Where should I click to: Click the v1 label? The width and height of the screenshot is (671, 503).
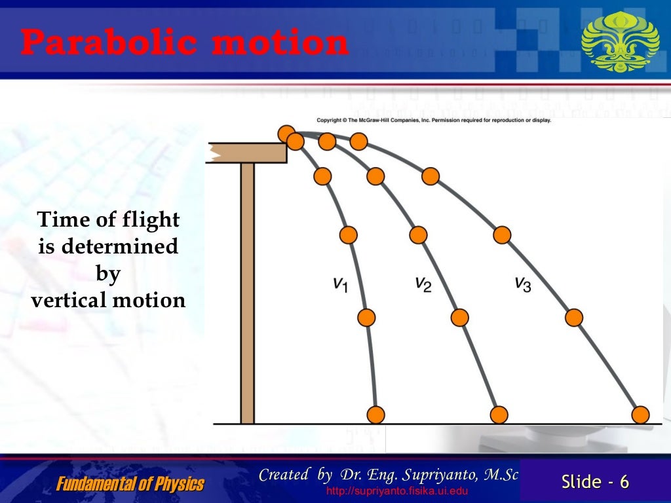[x=340, y=284]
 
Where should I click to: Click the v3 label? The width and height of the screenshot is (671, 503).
[x=522, y=284]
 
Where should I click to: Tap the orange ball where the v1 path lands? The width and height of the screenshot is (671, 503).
[x=375, y=414]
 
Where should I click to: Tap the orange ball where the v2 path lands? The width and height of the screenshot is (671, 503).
[x=499, y=414]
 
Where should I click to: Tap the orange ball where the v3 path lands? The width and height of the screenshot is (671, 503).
[x=640, y=414]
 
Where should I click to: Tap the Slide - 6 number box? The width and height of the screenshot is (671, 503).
[x=595, y=482]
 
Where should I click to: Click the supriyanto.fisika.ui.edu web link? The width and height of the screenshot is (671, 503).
[x=397, y=491]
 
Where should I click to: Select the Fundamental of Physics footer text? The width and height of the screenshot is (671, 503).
[x=130, y=484]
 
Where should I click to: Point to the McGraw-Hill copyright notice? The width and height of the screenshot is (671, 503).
[x=434, y=121]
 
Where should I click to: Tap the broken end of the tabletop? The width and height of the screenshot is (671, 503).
[x=214, y=153]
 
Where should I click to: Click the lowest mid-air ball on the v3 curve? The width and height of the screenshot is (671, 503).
[x=573, y=317]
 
